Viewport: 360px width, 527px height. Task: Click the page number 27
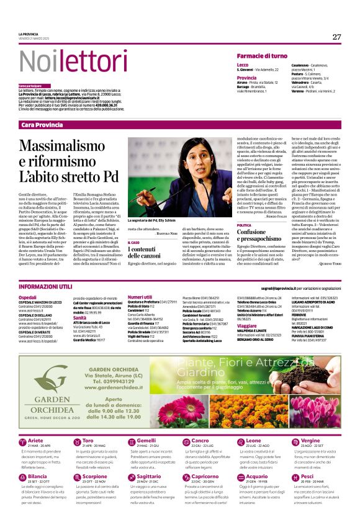[x=336, y=37]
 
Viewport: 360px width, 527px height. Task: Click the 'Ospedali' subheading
[x=27, y=297]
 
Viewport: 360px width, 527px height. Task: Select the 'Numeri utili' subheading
[x=140, y=297]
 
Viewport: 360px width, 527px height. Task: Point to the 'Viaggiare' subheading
[x=246, y=325]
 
